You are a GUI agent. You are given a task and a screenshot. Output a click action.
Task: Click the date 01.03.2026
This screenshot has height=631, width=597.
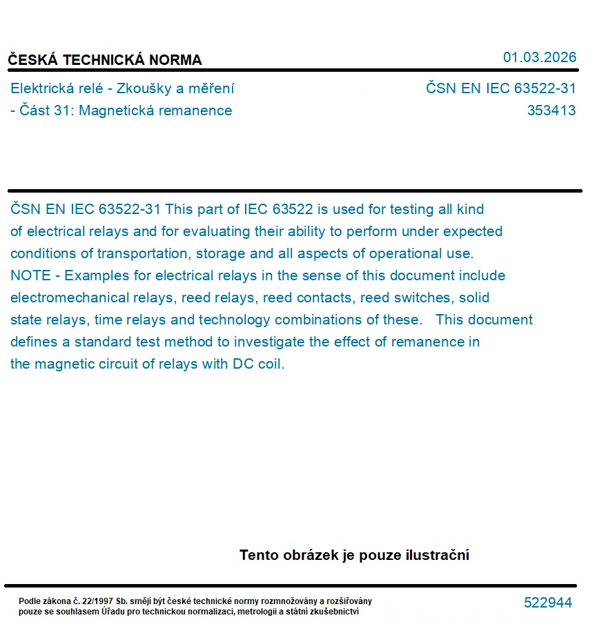point(539,57)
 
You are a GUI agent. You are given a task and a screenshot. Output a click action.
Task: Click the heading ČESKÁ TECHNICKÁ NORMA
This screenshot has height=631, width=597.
point(105,60)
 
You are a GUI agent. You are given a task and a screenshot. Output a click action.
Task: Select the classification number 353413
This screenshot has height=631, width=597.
point(551,110)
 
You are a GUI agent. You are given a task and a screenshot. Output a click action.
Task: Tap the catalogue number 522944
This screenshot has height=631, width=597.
point(547,603)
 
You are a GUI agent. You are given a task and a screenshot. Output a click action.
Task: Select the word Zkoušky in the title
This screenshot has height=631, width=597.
point(141,88)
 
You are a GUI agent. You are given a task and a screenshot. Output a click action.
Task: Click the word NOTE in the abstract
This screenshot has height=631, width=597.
point(30,275)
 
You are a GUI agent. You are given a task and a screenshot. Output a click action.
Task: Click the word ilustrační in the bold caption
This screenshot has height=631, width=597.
point(436,555)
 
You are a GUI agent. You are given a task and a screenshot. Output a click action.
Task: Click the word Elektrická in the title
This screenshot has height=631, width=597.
point(41,88)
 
